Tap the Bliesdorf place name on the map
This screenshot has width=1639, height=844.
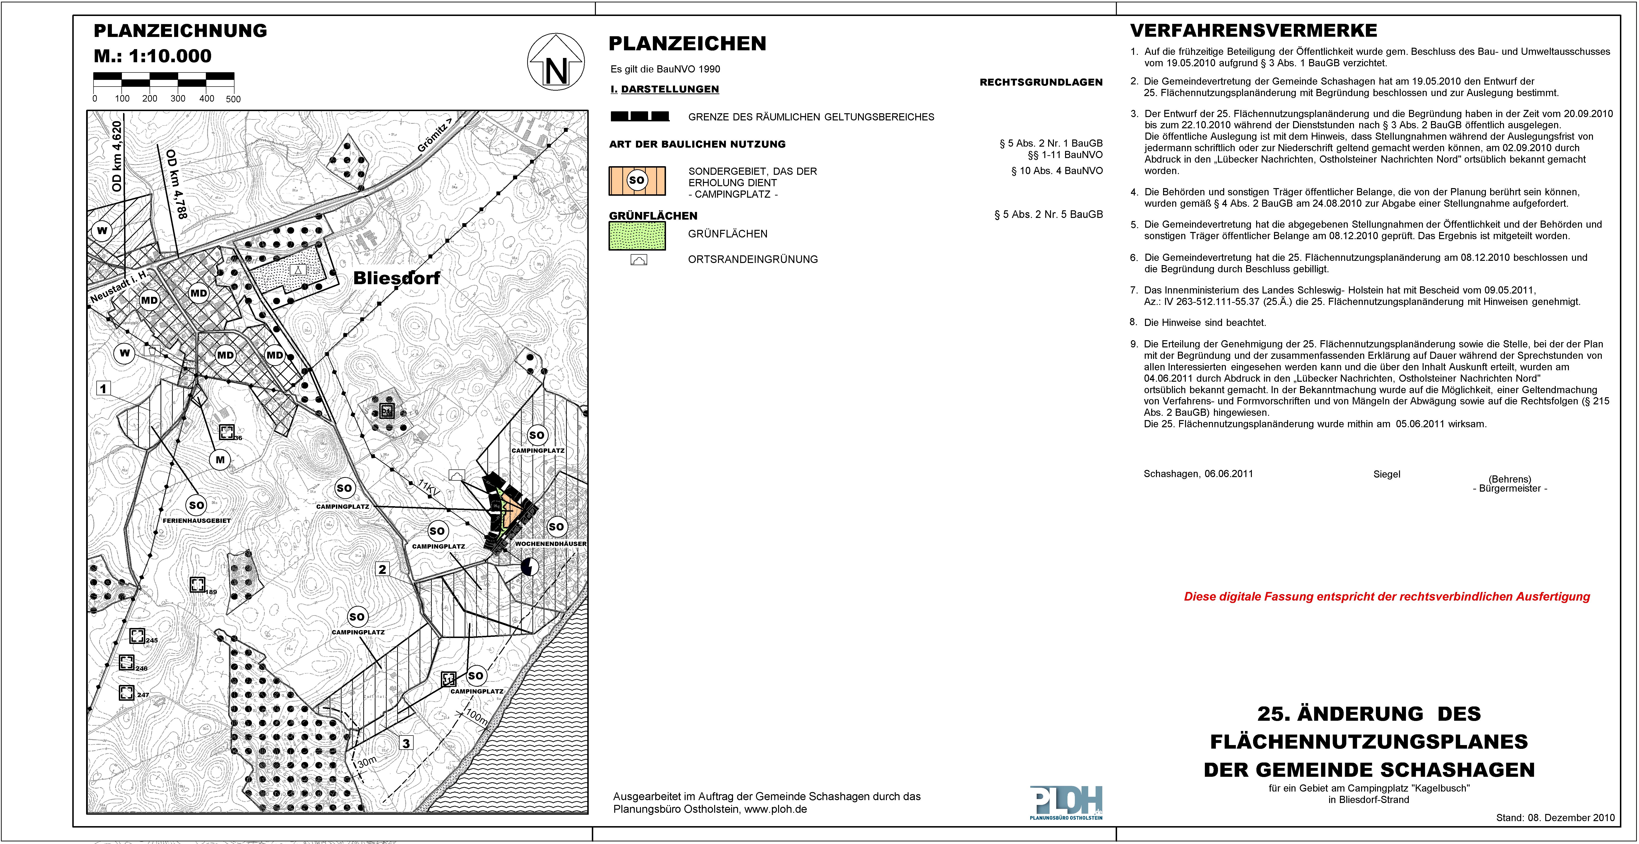coord(396,278)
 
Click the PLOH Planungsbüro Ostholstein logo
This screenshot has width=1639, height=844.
coord(1066,803)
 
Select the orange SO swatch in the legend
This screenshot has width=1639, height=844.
coord(637,181)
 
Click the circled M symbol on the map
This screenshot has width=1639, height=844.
coord(220,459)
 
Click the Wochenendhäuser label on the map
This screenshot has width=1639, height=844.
coord(550,544)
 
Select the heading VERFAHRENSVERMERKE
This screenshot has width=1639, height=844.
coord(1254,31)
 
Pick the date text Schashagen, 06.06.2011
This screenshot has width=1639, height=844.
coord(1198,474)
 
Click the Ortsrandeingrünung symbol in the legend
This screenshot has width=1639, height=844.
coord(639,259)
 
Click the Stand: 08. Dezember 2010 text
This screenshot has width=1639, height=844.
coord(1555,818)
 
